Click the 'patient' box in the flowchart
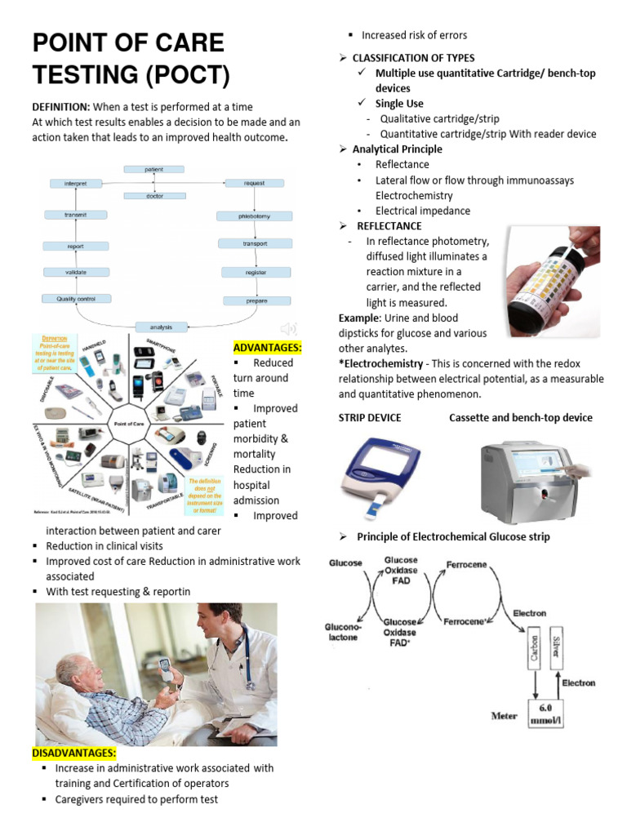point(154,169)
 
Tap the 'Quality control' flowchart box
point(77,299)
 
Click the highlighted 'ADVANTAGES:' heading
point(267,348)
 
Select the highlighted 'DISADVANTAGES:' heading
point(74,752)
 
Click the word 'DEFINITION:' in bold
point(60,107)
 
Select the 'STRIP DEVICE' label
point(370,417)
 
